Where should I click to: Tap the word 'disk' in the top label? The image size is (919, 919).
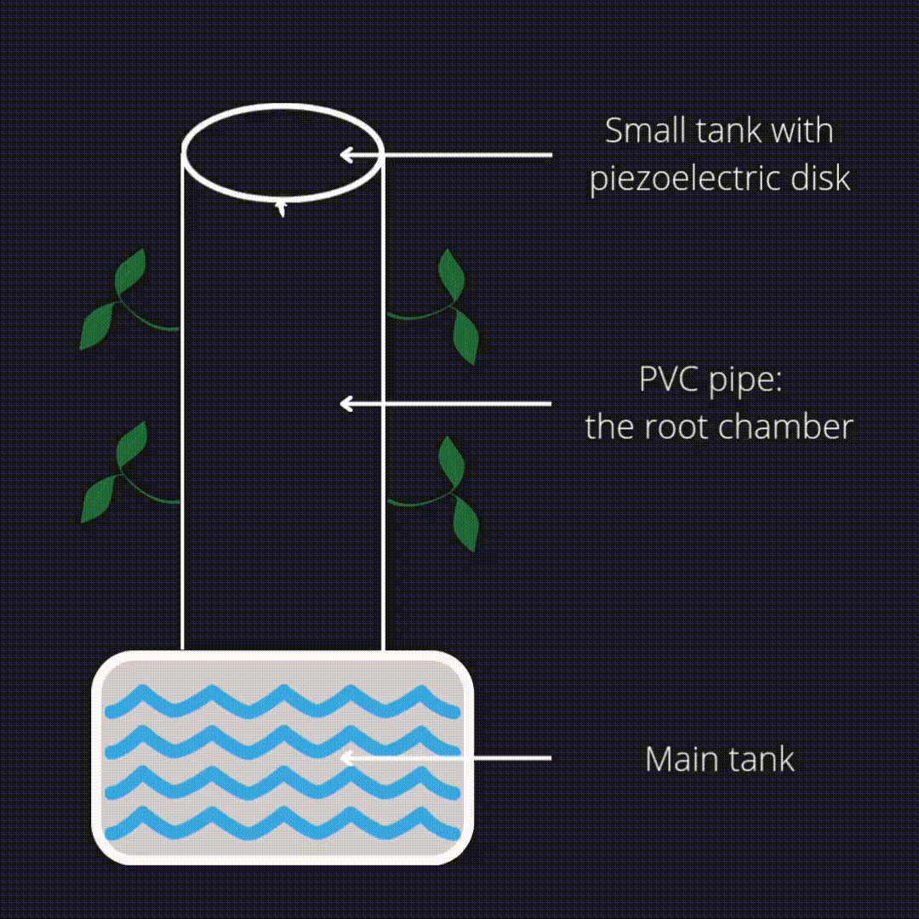822,178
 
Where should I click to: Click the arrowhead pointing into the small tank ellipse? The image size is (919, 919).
346,155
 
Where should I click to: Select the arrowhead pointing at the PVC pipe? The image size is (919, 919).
346,403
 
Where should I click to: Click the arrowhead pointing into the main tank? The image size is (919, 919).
346,758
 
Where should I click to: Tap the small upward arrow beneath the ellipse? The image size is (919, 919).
281,208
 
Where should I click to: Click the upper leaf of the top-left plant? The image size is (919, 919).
130,272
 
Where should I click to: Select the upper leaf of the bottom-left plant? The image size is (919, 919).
131,445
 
